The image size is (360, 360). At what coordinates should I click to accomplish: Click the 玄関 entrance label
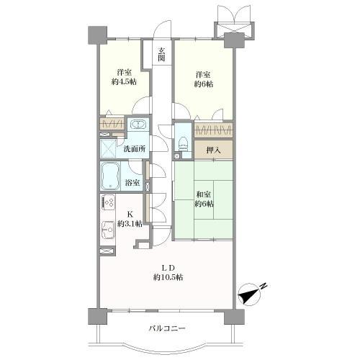[161, 54]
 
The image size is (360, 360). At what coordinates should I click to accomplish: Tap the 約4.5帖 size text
[124, 82]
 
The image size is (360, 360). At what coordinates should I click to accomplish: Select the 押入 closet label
[213, 150]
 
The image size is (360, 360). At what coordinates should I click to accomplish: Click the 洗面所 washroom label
[135, 149]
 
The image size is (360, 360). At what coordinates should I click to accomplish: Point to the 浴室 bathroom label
[132, 183]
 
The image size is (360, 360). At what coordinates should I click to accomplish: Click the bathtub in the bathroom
[110, 176]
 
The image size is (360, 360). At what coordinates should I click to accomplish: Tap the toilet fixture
[184, 144]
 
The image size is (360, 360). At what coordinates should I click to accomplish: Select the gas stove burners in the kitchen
[108, 202]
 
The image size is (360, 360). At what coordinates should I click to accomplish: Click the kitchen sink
[108, 230]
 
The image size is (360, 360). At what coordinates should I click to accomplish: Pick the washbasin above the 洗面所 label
[138, 125]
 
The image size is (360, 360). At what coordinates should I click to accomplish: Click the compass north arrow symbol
[250, 294]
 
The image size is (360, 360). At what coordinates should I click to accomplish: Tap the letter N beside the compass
[264, 285]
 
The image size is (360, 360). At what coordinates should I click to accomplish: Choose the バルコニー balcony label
[167, 328]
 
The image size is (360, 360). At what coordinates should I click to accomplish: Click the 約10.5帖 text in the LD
[168, 278]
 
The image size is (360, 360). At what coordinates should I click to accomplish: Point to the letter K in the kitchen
[130, 214]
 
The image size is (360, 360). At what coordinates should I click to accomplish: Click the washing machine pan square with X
[108, 148]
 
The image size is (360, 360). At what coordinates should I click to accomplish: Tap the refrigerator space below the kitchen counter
[107, 251]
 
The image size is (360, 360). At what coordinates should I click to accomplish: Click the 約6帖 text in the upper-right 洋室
[204, 84]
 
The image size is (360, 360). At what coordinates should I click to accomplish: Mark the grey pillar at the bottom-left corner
[98, 317]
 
